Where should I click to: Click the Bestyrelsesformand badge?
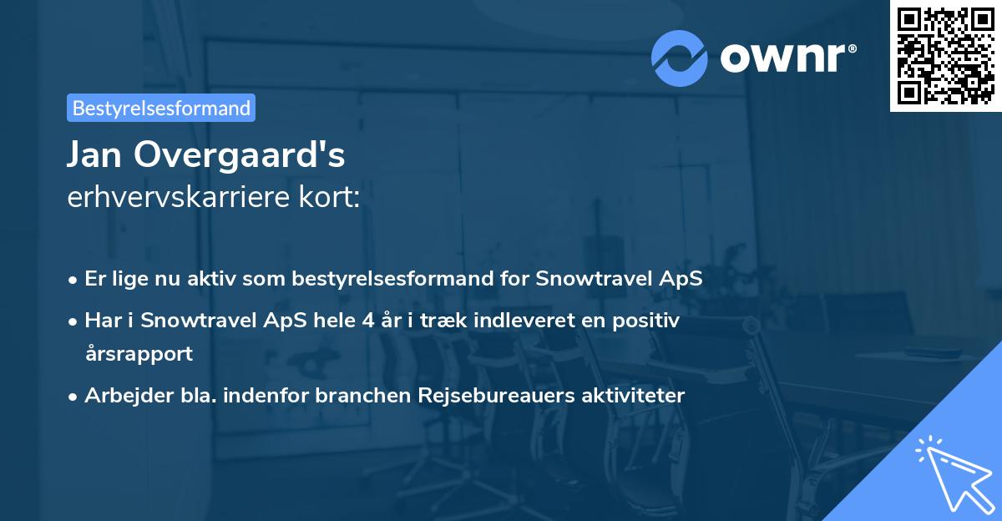point(161,108)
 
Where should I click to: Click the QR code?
point(945,55)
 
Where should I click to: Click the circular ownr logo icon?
point(680,57)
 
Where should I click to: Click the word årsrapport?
point(139,353)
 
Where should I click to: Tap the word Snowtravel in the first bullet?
point(581,279)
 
